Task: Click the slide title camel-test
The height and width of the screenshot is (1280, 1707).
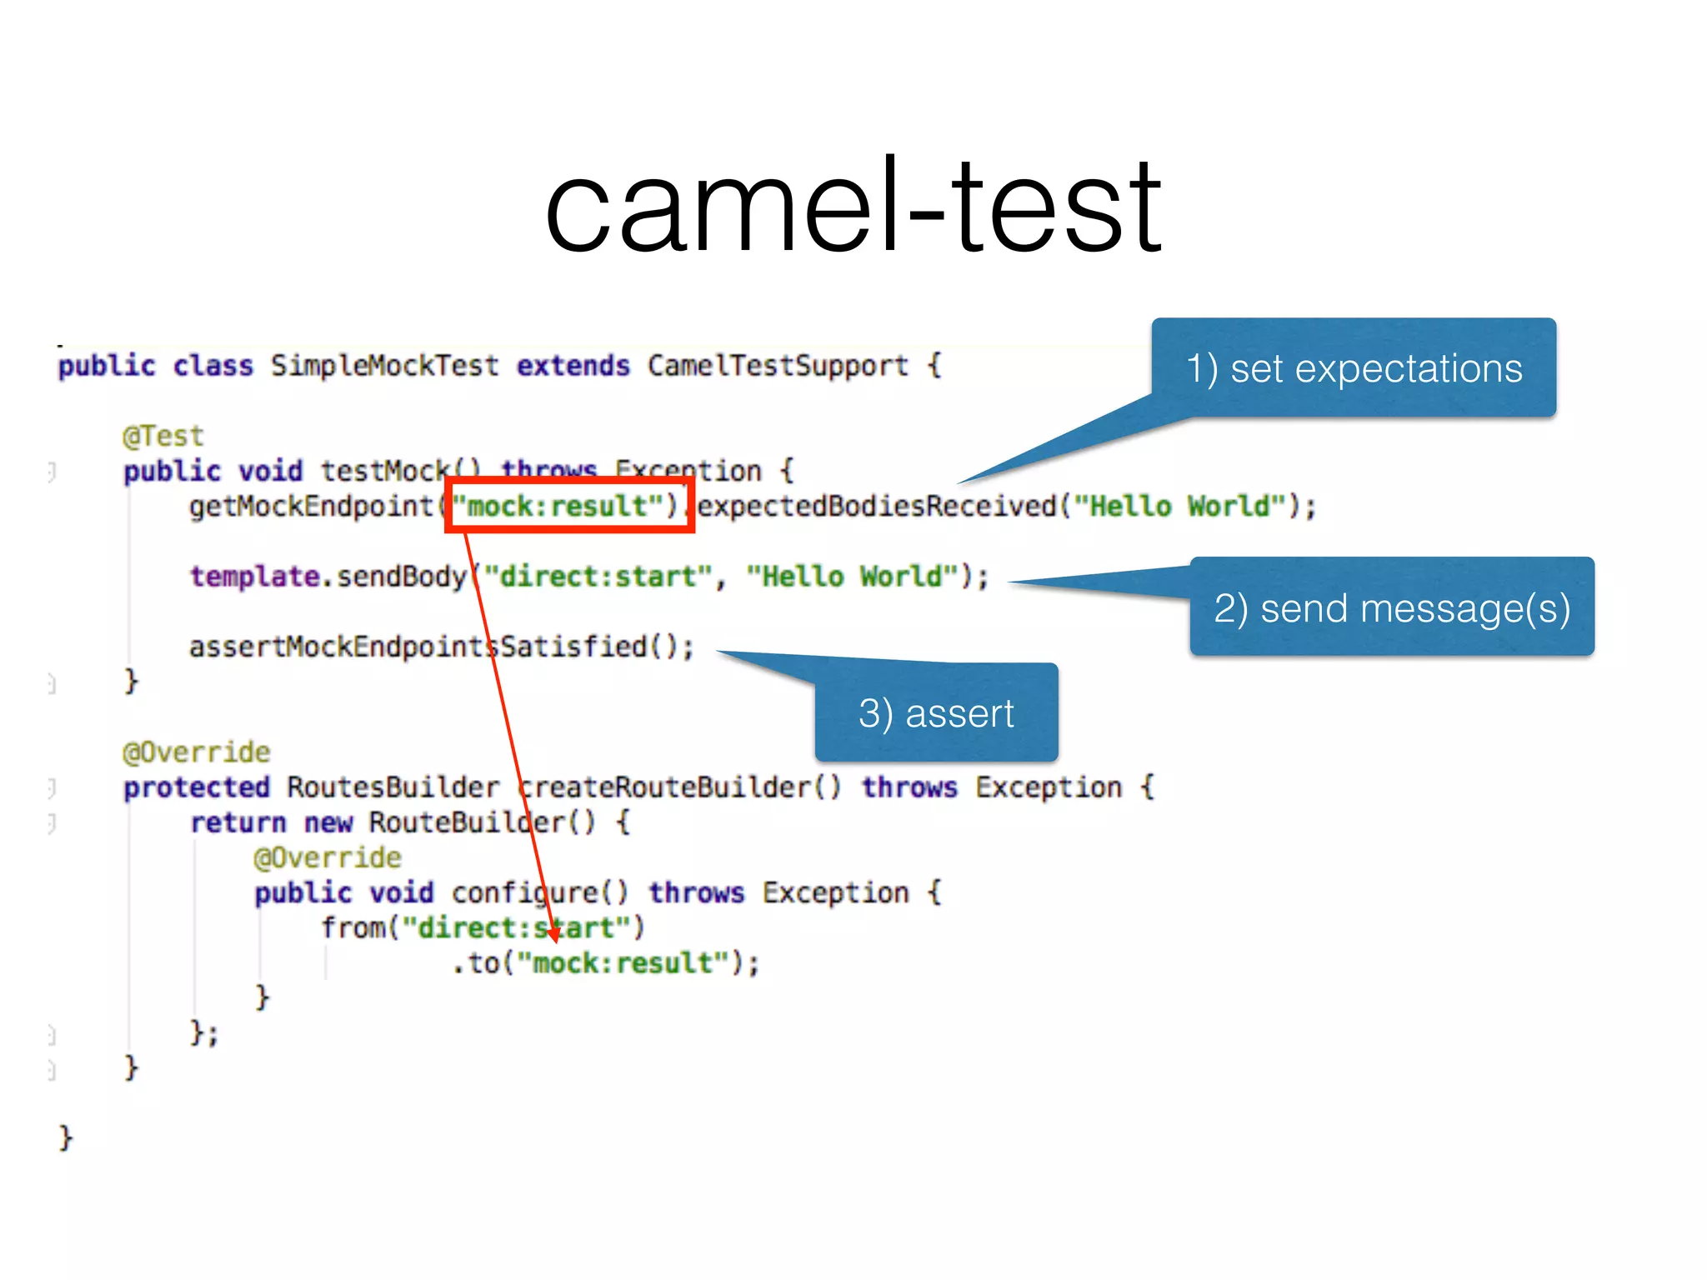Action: point(853,207)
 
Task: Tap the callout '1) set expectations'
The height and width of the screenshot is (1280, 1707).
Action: point(1354,368)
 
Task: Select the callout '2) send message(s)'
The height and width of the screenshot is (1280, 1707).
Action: point(1391,607)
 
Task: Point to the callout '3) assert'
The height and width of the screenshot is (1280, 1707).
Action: point(936,713)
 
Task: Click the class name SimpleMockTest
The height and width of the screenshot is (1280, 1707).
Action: point(384,366)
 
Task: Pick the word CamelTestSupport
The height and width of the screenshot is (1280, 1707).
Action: point(777,366)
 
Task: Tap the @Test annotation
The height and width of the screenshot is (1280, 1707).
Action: point(163,436)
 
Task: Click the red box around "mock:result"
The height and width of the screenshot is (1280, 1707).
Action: point(570,505)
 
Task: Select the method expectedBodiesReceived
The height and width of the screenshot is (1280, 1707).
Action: point(877,506)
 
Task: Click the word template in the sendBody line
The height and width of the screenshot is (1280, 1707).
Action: point(254,576)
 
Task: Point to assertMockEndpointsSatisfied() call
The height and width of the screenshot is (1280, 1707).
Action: point(441,647)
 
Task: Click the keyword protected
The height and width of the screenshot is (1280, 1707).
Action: point(197,787)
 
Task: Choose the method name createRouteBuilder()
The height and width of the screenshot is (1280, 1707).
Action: point(679,787)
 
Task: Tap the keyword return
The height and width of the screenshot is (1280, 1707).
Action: point(238,822)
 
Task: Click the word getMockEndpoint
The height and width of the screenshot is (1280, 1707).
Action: point(311,506)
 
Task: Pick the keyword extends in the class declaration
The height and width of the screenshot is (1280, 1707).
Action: point(573,366)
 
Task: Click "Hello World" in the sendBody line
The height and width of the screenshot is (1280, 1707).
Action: point(853,576)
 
